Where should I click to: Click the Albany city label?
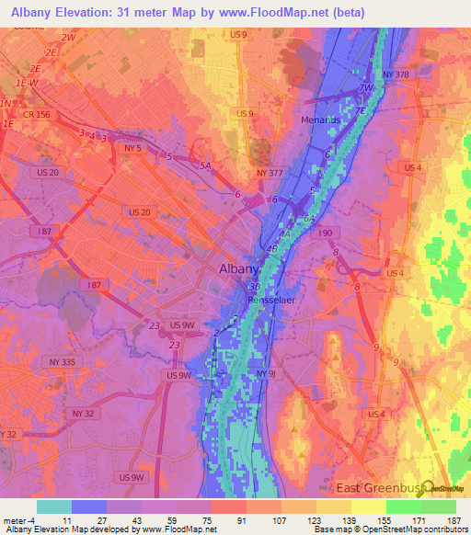pos(241,269)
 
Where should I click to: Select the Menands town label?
pos(320,120)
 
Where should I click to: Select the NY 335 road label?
pos(62,362)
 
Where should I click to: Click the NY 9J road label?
pos(266,373)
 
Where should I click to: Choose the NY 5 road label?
pos(133,148)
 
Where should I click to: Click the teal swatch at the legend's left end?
pos(54,506)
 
